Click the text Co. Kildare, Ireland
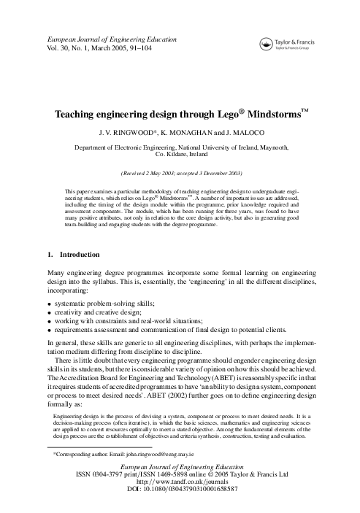180,155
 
